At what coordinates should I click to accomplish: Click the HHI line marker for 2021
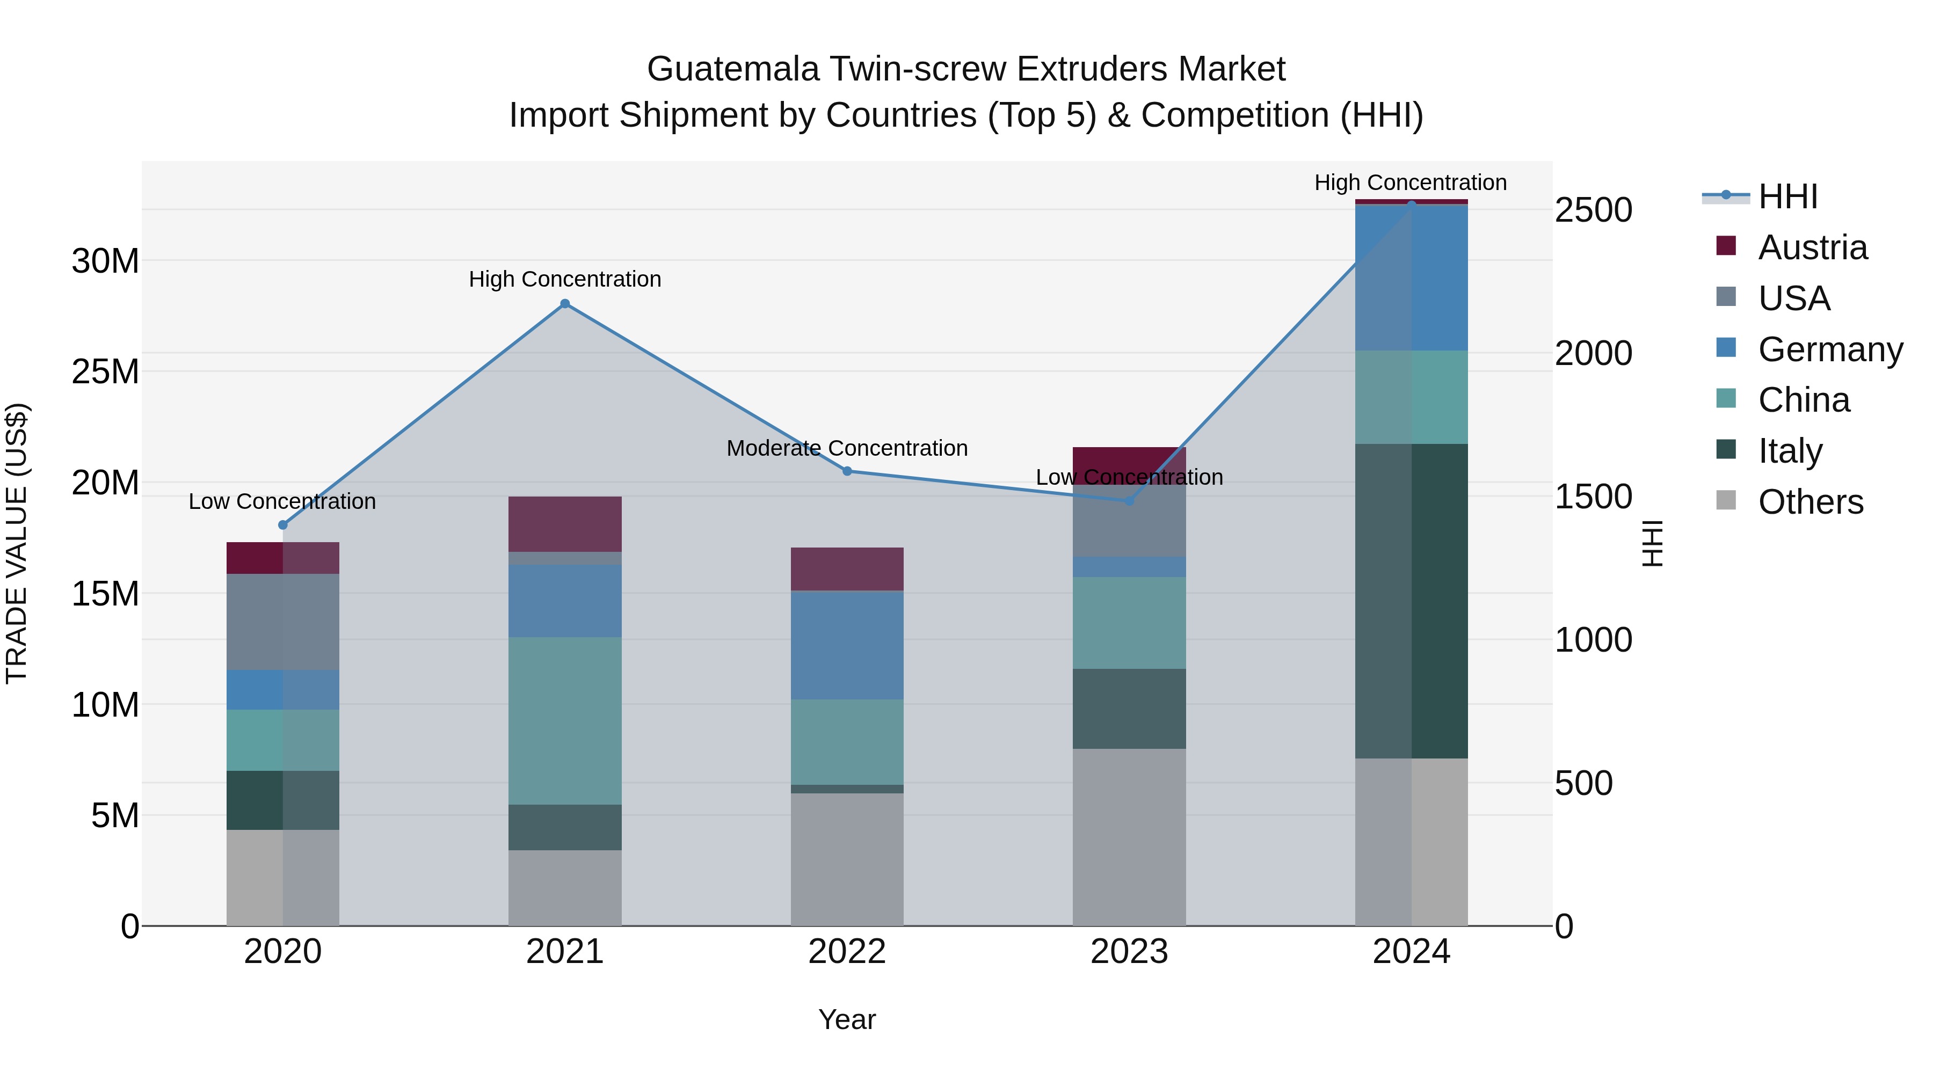point(565,304)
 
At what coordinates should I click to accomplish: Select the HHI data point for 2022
point(847,471)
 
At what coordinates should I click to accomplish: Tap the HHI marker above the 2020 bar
point(283,525)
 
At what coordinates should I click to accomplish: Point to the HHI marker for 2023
point(1129,500)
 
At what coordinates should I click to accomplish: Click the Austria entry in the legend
point(1812,247)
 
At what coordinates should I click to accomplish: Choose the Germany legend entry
point(1829,349)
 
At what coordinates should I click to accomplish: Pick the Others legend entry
point(1810,502)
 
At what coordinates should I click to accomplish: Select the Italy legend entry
point(1790,451)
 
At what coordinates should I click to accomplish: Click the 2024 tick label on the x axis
point(1411,952)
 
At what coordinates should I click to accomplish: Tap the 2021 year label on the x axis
point(565,952)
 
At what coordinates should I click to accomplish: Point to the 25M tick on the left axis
point(105,372)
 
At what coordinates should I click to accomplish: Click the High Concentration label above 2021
point(565,279)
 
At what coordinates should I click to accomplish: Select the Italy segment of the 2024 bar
point(1411,600)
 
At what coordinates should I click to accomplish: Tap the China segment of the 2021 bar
point(565,720)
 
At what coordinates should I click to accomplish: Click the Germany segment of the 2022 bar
point(847,645)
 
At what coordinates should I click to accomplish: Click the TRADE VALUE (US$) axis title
point(17,543)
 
